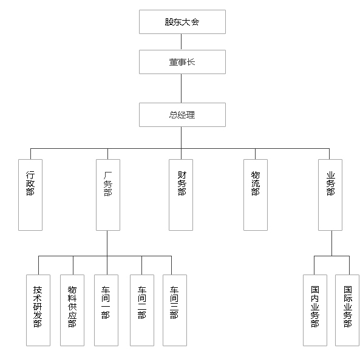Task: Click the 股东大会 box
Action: pos(182,22)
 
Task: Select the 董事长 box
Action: pos(182,62)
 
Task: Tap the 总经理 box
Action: pos(182,115)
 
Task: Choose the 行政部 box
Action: pos(30,195)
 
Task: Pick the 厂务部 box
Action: pos(108,195)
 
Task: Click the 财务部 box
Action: pos(181,195)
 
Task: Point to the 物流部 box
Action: pos(256,195)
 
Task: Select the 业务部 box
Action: pos(330,195)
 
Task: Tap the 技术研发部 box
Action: pos(38,310)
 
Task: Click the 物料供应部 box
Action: pos(72,310)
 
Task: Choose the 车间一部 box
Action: pos(106,310)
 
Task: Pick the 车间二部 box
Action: pos(142,310)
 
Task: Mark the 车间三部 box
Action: pos(175,310)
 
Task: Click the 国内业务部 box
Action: pos(315,310)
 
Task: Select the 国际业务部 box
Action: pos(347,310)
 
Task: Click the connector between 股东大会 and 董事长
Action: pos(181,42)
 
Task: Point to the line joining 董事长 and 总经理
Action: pos(181,89)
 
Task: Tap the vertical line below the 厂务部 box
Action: pos(107,244)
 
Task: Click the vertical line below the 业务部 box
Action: pos(332,244)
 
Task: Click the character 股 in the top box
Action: pos(169,22)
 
